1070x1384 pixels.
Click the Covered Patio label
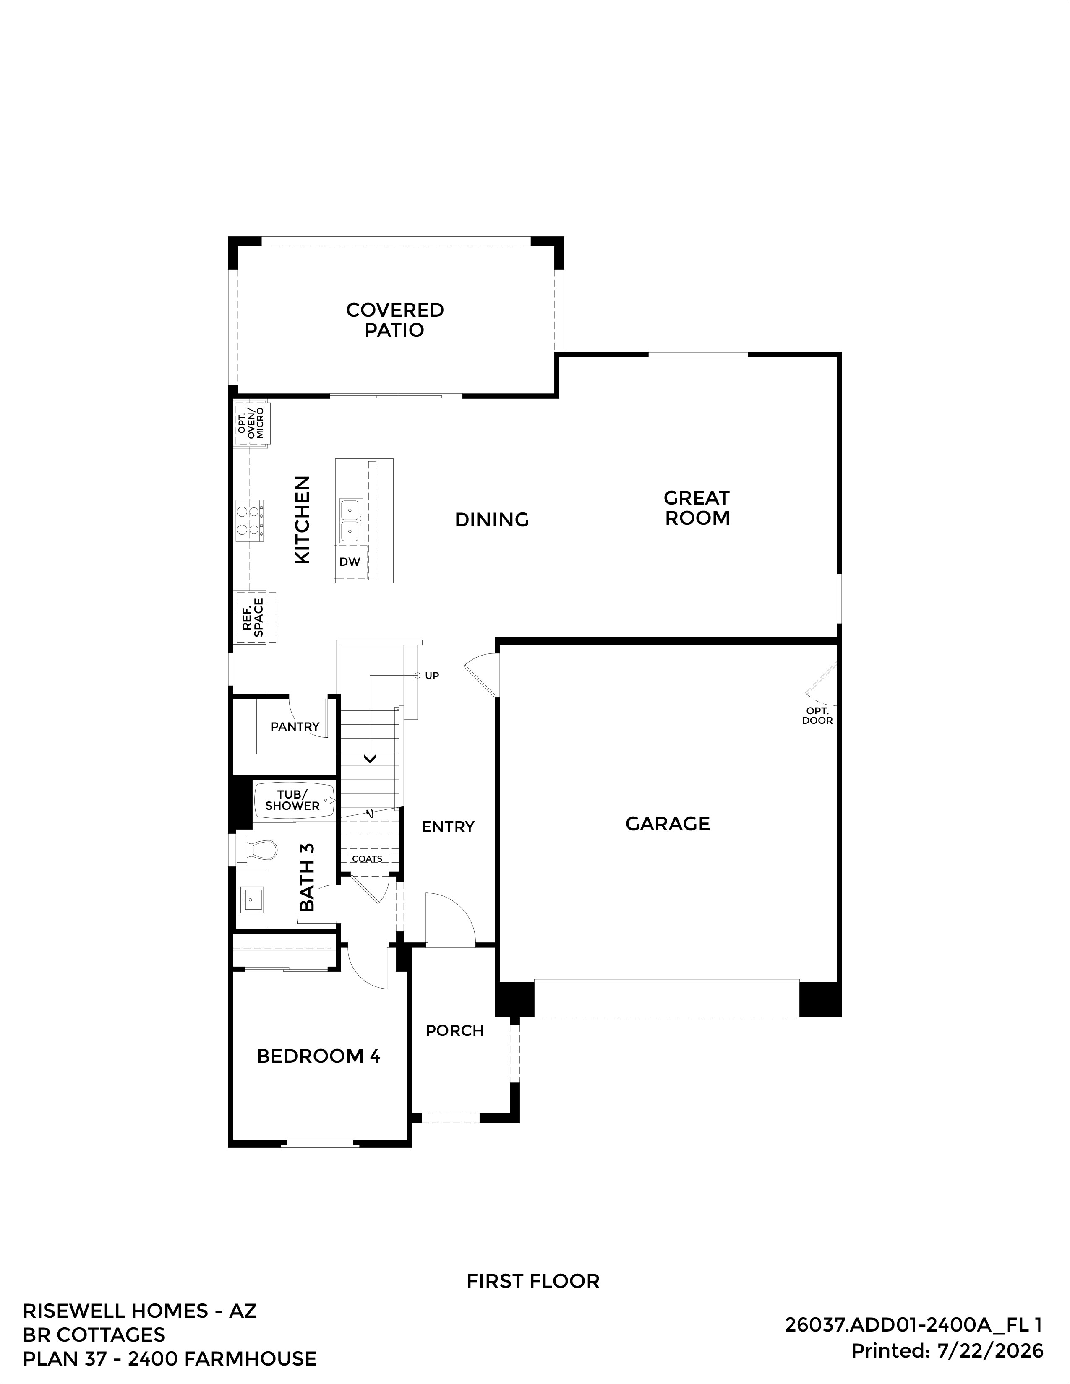point(394,320)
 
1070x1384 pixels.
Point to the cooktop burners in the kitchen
point(250,520)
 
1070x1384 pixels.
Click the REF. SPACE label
point(253,618)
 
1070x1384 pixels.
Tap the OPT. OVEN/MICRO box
point(251,422)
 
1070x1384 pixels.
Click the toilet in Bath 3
point(257,849)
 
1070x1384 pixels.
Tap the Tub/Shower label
point(292,800)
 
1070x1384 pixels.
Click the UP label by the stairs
point(432,676)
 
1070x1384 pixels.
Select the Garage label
point(668,824)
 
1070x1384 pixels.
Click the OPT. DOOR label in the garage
point(817,715)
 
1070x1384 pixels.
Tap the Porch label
point(454,1031)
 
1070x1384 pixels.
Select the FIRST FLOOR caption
point(533,1276)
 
